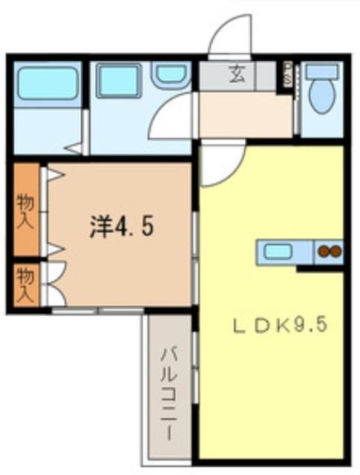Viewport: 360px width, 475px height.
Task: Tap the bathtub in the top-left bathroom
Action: pyautogui.click(x=48, y=83)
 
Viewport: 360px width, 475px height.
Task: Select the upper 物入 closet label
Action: pyautogui.click(x=26, y=210)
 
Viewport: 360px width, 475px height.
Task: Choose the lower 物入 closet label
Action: pyautogui.click(x=25, y=283)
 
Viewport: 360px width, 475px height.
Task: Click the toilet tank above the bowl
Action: pyautogui.click(x=321, y=71)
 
